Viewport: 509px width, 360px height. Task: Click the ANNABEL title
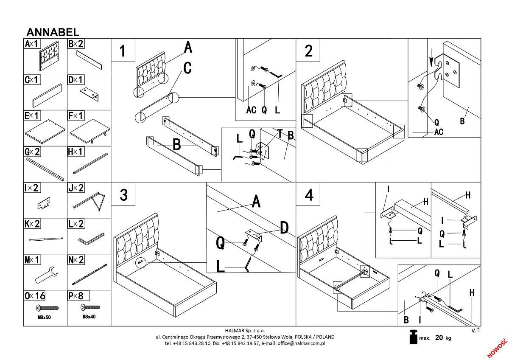(x=53, y=32)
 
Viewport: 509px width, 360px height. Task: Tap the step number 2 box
(x=309, y=51)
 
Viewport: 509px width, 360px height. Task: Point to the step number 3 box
(x=123, y=194)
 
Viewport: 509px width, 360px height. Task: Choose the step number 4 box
(x=309, y=194)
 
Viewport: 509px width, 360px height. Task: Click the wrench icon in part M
(x=45, y=275)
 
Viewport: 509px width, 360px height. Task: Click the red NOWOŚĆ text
(x=497, y=347)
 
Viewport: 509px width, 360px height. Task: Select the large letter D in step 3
(x=284, y=228)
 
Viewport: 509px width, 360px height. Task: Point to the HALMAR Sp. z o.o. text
(x=244, y=330)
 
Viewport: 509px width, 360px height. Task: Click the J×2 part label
(x=76, y=188)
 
